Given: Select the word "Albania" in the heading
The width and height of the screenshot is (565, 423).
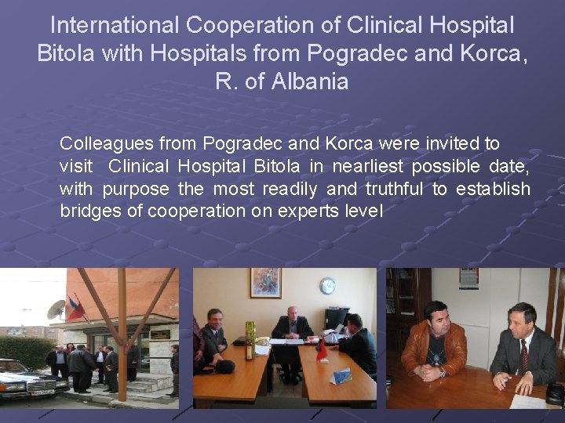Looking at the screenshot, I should pos(308,81).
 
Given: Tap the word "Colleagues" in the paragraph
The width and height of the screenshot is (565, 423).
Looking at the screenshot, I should pos(107,144).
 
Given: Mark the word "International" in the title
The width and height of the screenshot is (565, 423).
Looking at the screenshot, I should pos(115,25).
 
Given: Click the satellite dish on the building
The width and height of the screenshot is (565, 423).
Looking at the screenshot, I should pos(56,309).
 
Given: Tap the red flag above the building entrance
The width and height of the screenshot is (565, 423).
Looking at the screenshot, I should pos(76,308).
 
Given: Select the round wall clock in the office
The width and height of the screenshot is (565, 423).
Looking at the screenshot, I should pos(327,286).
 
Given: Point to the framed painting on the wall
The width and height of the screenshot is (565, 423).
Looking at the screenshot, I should pos(265,283).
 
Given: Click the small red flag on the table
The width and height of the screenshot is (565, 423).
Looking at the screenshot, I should pos(320,349).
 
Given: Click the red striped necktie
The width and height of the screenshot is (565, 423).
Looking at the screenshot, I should pos(523,356).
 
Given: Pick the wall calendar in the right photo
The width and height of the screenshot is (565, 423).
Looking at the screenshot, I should pos(468,278).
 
